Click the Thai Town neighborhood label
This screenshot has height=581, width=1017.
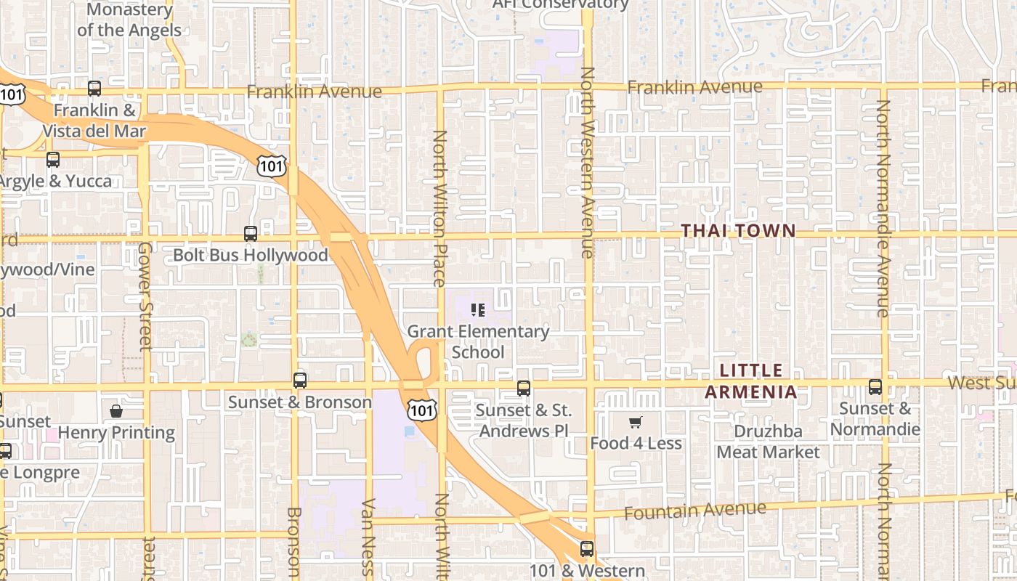pos(738,231)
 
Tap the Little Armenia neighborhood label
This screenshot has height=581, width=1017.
pos(751,381)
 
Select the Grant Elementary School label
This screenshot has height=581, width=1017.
pos(478,341)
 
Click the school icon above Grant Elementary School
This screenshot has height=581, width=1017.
pos(478,310)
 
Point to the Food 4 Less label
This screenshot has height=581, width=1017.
pos(636,443)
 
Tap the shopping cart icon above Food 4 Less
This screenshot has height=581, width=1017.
pos(636,422)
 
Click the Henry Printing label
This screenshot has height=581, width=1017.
pos(116,433)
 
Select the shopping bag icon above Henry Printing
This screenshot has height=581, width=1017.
pos(116,412)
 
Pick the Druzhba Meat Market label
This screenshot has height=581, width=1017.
pos(768,442)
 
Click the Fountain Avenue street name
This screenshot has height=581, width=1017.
pos(694,511)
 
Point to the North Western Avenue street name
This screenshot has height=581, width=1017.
pos(588,163)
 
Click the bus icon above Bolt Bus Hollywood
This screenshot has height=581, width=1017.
pos(251,234)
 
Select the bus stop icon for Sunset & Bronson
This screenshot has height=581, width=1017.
pos(299,381)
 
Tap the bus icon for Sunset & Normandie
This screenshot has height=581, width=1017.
pos(875,387)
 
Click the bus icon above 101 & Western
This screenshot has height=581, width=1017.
pos(587,549)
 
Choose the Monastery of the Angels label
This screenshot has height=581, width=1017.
pos(129,20)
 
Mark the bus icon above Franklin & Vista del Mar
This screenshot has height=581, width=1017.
pos(94,89)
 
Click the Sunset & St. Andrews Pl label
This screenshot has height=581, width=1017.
pos(523,420)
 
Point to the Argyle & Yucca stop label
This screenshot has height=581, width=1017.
pos(56,181)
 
